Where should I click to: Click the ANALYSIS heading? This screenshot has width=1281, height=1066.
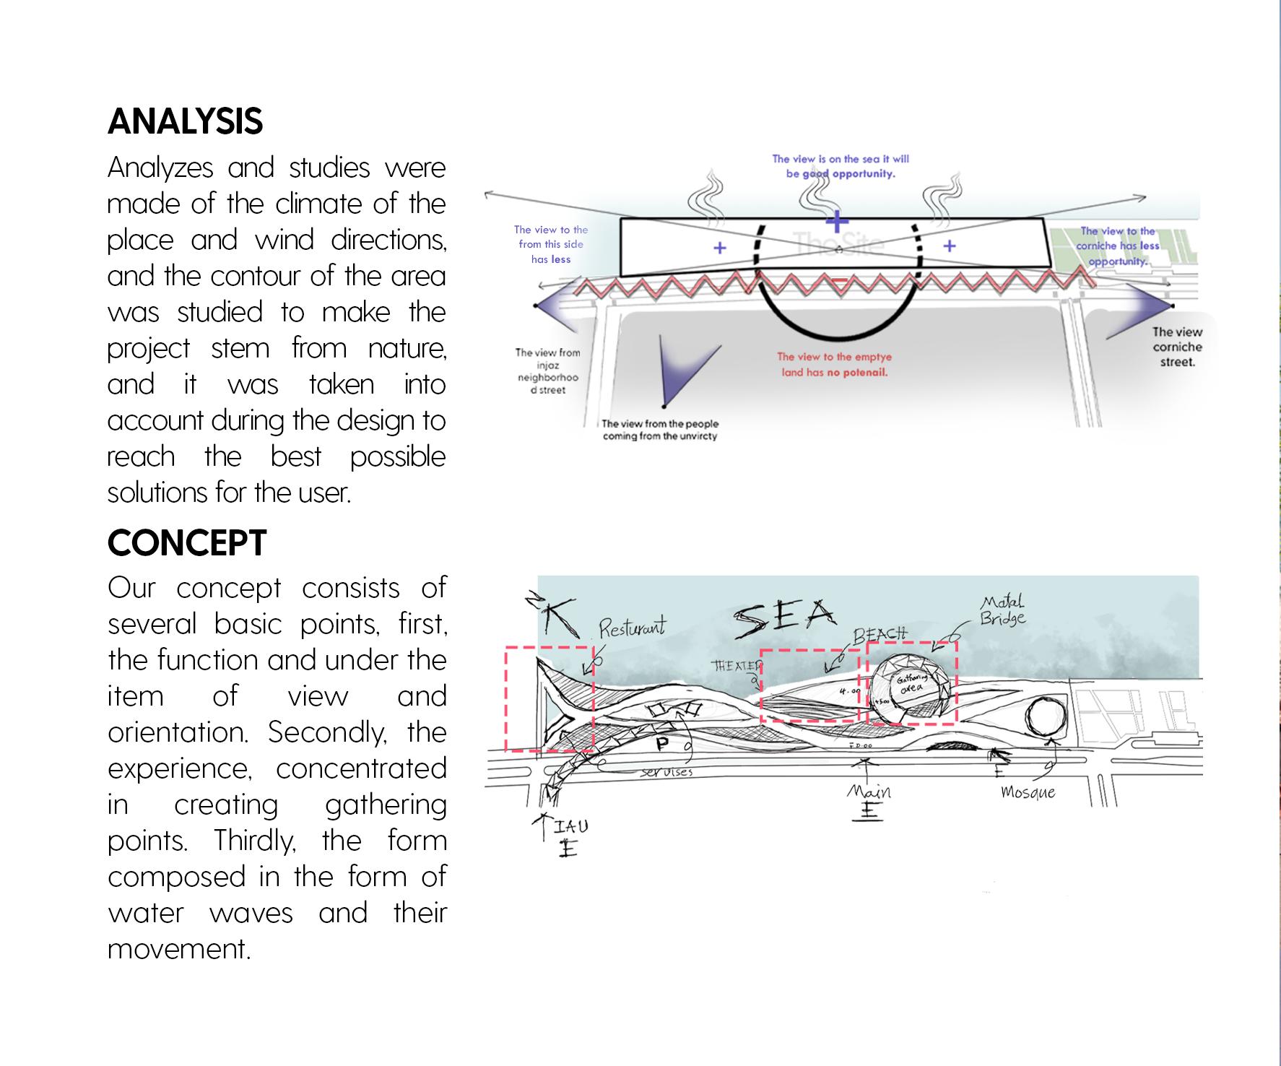click(x=185, y=121)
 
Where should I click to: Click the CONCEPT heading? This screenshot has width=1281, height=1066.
click(x=187, y=543)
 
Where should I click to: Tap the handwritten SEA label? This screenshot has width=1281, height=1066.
click(x=784, y=620)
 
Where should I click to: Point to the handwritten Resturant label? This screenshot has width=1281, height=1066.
click(x=632, y=628)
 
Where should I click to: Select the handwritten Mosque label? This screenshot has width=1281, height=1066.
click(x=1028, y=792)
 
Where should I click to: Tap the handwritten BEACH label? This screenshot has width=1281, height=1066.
click(x=880, y=636)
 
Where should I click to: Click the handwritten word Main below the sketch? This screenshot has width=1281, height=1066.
click(x=869, y=792)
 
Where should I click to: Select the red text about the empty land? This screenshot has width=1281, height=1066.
click(x=834, y=365)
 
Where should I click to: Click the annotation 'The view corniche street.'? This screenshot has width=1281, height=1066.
click(x=1177, y=347)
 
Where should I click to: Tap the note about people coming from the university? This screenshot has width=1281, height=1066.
click(x=660, y=430)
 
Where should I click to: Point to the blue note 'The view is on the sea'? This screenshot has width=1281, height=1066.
click(x=841, y=166)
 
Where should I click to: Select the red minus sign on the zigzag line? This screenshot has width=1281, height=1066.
click(x=839, y=280)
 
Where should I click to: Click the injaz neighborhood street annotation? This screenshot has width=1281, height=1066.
click(x=547, y=371)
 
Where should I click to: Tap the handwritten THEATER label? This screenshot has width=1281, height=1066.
click(x=737, y=666)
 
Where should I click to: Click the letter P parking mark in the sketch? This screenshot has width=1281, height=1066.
click(x=662, y=743)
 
